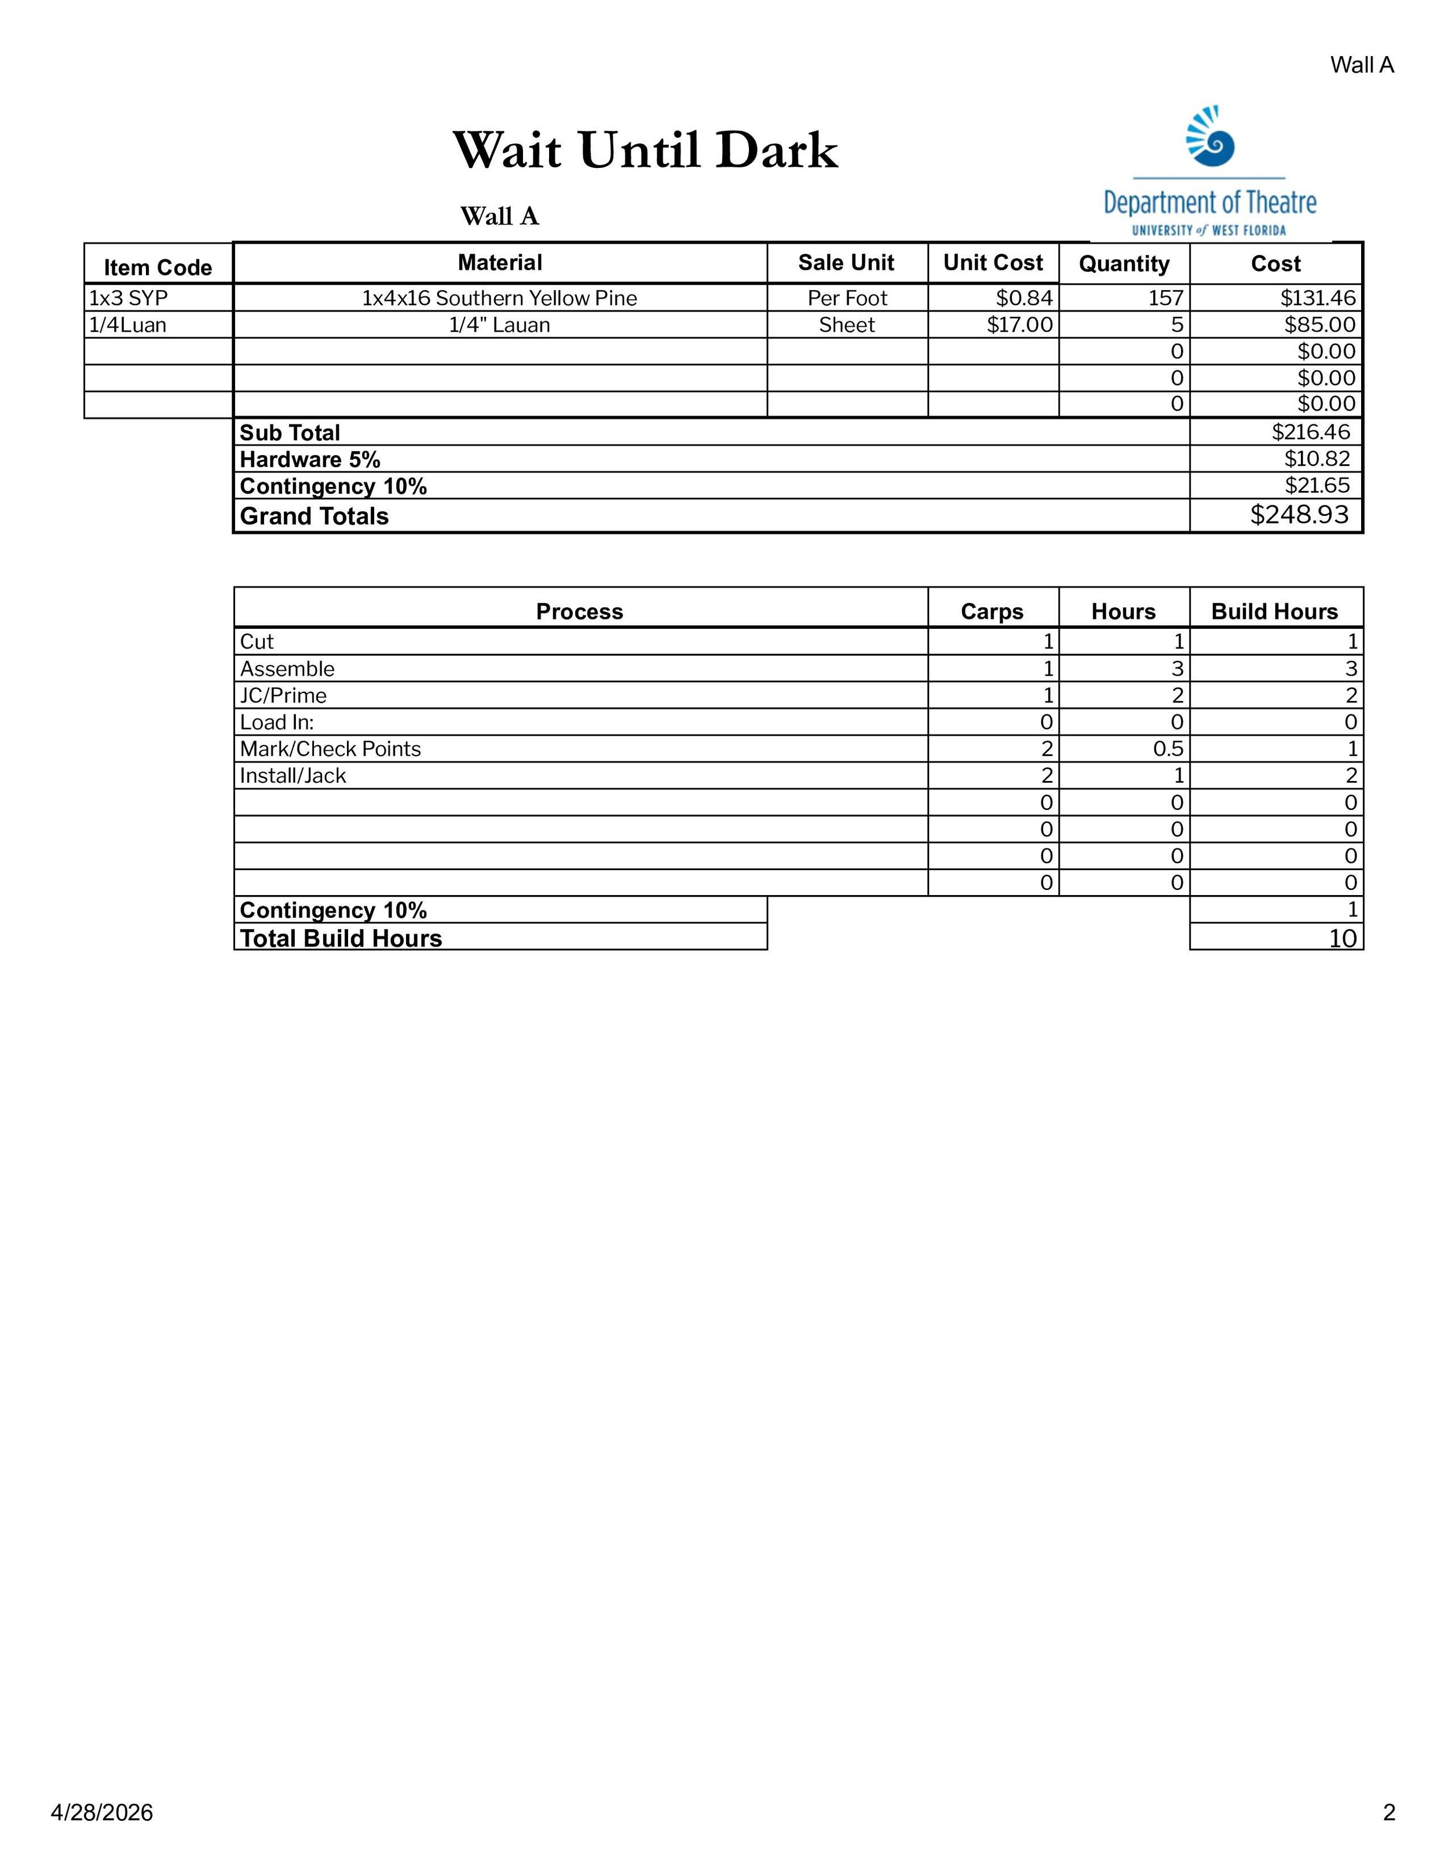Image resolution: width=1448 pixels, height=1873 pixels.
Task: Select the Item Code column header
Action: click(x=158, y=267)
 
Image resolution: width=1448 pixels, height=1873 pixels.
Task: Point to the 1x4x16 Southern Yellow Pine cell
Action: click(x=499, y=298)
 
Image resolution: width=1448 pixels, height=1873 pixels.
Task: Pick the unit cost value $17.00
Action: click(x=1019, y=325)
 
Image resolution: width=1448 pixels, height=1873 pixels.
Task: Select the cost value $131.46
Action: click(x=1318, y=298)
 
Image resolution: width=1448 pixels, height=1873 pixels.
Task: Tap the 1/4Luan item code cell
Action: click(x=129, y=325)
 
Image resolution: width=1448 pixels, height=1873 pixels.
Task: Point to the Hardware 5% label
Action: click(x=310, y=460)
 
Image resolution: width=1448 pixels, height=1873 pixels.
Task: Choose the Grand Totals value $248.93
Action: click(x=1299, y=515)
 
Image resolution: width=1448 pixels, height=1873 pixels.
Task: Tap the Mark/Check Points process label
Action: click(x=330, y=750)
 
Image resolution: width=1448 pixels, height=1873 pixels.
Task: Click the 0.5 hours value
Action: click(x=1168, y=750)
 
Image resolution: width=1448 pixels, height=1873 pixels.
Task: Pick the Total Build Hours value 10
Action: click(x=1343, y=938)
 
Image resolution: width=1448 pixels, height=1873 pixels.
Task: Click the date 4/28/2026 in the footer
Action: click(x=102, y=1812)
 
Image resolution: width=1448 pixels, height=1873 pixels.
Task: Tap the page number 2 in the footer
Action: click(x=1389, y=1812)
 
